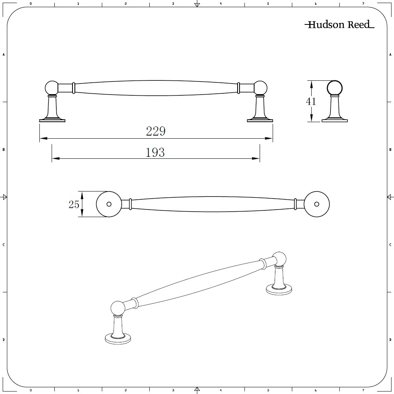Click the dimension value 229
pos(156,131)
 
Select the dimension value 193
pos(155,152)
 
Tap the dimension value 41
pos(311,101)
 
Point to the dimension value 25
pos(74,204)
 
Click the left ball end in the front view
pos(52,87)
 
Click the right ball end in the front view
pos(260,87)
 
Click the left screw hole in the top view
pos(109,204)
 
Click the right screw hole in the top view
pos(316,204)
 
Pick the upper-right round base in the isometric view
pos(279,290)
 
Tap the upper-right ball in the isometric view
pos(280,258)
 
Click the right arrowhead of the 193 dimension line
pos(256,159)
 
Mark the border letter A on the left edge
pos(4,55)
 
